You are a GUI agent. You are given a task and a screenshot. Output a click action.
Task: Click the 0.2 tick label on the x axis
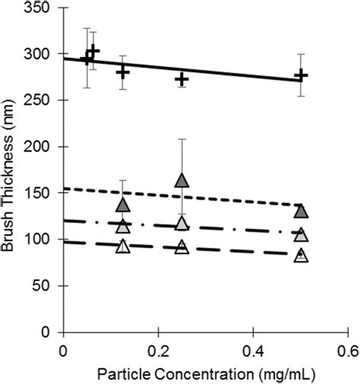click(x=157, y=351)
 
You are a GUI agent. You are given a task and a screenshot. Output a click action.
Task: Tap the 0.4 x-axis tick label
click(x=252, y=351)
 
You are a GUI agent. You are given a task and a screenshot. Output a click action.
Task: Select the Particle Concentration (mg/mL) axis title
click(x=205, y=373)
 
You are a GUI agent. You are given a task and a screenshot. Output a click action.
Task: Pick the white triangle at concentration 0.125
click(x=123, y=247)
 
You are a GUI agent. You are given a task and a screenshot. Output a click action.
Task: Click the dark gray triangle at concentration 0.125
click(x=123, y=205)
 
